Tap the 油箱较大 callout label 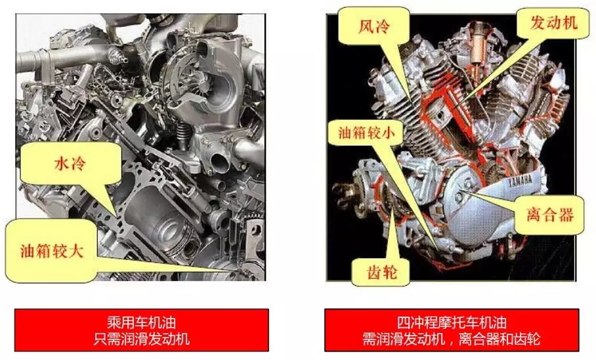(x=51, y=251)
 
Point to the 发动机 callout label (x=553, y=23)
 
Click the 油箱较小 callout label (x=366, y=133)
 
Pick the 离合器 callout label (x=549, y=215)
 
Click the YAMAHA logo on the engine (x=520, y=180)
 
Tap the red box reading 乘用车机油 (x=142, y=330)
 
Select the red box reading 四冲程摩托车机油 (x=452, y=330)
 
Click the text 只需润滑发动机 (x=142, y=339)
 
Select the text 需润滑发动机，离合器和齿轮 (x=452, y=339)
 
